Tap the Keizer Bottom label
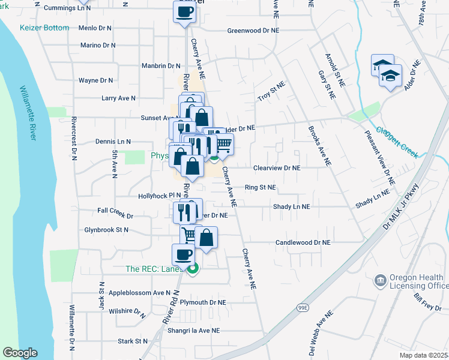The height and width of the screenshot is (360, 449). click(44, 28)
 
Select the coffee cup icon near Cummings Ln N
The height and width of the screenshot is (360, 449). click(184, 11)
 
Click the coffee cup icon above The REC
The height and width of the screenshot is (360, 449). click(184, 254)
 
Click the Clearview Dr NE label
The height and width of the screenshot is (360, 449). click(276, 168)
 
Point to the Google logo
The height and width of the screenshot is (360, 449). click(20, 353)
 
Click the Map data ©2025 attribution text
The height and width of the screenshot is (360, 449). click(423, 355)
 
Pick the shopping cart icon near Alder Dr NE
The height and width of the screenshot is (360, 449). click(223, 144)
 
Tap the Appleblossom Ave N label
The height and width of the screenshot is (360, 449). click(140, 293)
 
